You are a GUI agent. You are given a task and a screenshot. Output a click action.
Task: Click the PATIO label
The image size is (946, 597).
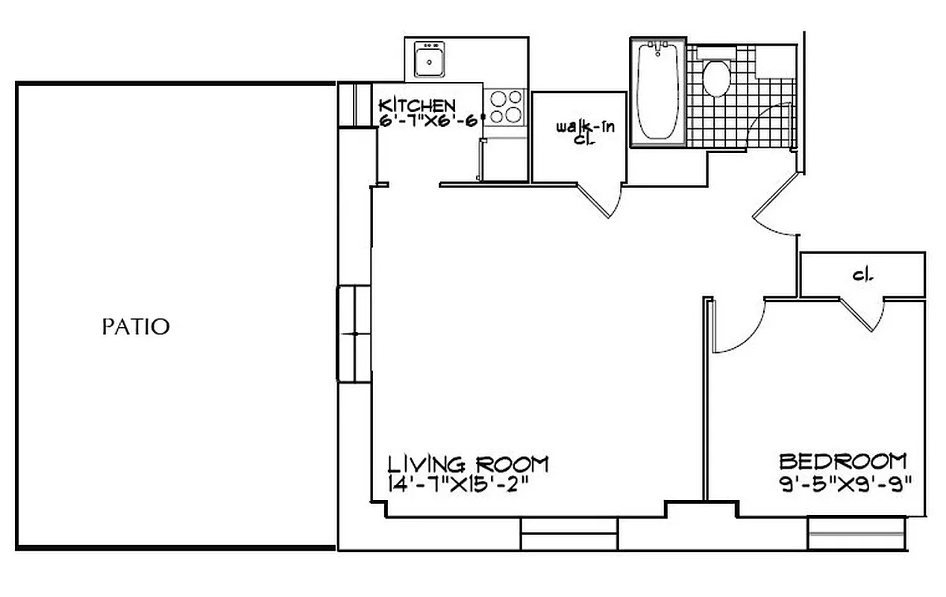point(136,327)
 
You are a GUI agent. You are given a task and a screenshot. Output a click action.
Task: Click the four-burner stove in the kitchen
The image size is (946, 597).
point(504,106)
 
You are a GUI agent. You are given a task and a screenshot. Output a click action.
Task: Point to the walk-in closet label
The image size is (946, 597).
point(585,132)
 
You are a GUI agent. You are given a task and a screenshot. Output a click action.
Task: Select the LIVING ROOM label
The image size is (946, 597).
point(468,463)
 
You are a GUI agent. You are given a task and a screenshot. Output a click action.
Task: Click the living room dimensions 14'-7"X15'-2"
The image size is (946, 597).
point(458,484)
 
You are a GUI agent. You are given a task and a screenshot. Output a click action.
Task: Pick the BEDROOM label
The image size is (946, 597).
point(843,460)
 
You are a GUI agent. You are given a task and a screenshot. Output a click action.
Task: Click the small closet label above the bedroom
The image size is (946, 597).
point(863,275)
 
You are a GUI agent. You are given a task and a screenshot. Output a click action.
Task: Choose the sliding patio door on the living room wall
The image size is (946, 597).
point(354,334)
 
